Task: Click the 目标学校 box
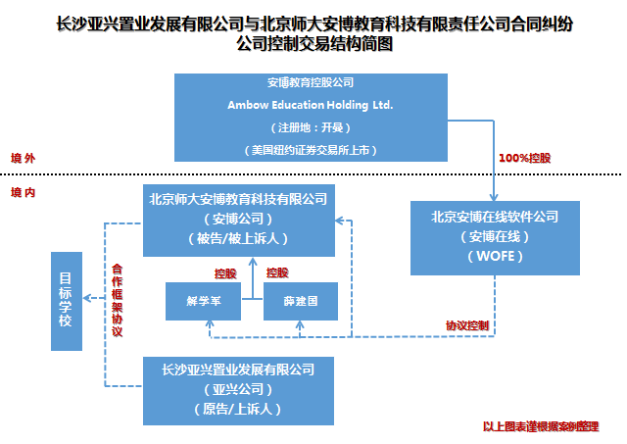(x=66, y=301)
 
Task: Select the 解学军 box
(x=204, y=302)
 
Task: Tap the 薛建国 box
(x=300, y=302)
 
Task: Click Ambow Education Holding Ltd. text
(x=311, y=103)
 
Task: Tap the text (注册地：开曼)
(x=311, y=127)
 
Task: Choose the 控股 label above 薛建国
(x=277, y=272)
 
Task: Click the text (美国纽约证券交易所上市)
(x=311, y=150)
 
